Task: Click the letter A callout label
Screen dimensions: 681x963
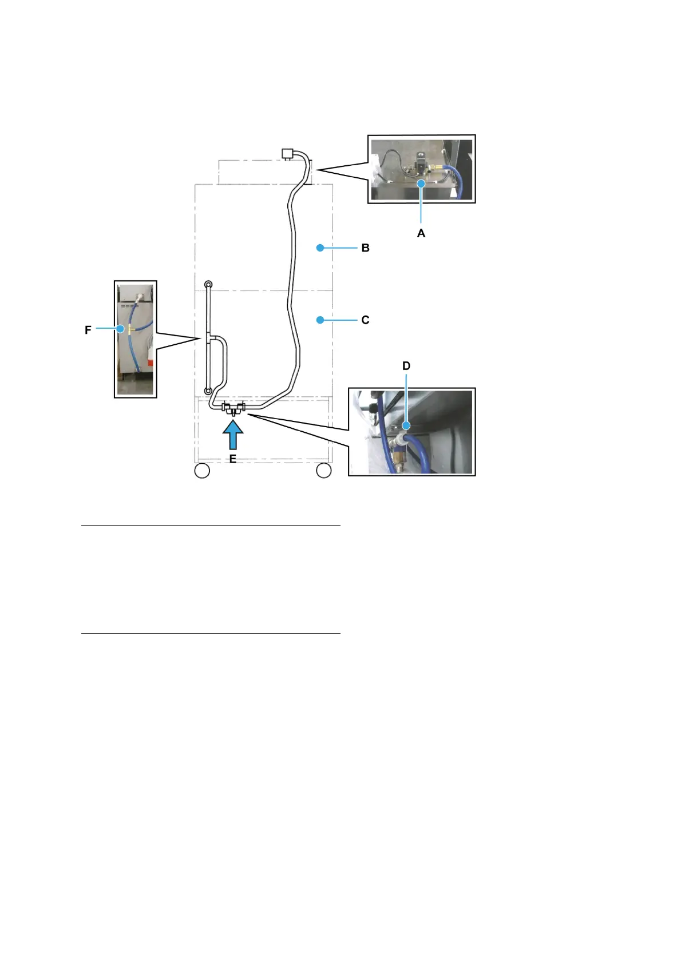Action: point(421,233)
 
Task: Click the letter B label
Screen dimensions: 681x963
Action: point(365,248)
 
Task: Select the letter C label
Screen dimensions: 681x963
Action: point(365,320)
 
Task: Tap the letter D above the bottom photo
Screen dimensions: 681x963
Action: point(406,366)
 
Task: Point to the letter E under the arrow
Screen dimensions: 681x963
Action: point(233,459)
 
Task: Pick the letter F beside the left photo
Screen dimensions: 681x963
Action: point(88,331)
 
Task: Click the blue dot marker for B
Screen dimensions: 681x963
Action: point(320,248)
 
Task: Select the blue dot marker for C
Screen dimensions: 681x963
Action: point(320,320)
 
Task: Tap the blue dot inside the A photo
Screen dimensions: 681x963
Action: point(421,184)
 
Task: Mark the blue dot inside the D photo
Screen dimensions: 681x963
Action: point(406,426)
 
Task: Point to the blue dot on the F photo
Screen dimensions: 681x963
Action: point(120,328)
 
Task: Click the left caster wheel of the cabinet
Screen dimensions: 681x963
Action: point(203,471)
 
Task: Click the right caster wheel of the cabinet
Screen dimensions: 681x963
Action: point(324,471)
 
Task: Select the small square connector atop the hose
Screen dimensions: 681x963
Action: point(287,153)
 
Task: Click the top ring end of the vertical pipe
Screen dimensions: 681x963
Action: point(209,284)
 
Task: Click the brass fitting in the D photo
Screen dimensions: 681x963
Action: point(397,457)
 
